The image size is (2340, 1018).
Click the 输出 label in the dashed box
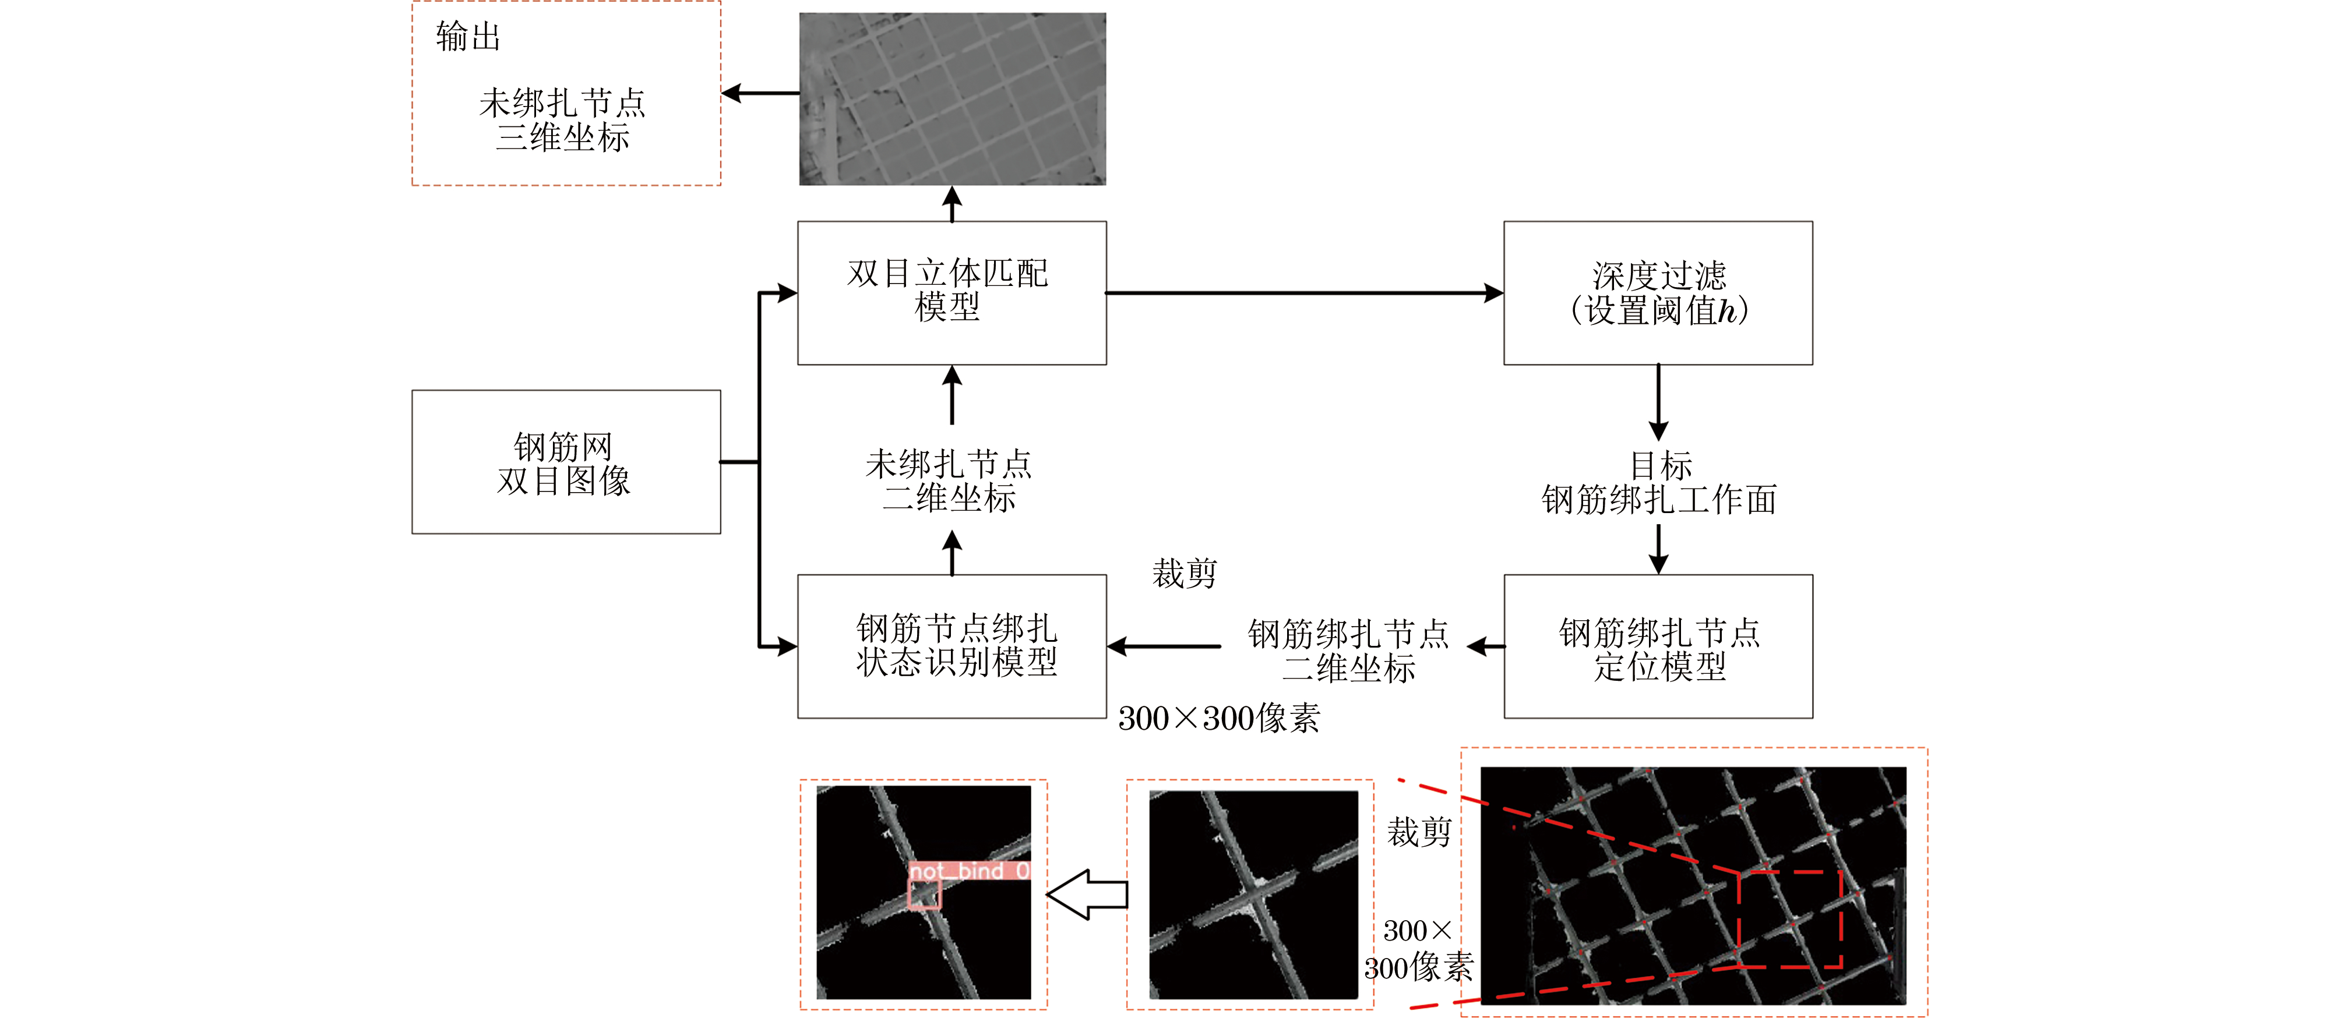tap(468, 36)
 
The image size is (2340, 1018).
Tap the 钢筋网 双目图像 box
tap(566, 462)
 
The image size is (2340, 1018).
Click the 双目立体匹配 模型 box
tap(952, 294)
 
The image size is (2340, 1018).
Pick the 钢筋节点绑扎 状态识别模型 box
tap(952, 646)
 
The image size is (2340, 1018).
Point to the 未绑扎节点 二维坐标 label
tap(949, 480)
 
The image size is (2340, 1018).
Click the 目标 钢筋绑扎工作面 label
tap(1659, 482)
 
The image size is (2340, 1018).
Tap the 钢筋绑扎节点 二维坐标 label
tap(1348, 650)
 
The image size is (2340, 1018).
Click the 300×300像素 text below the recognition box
tap(1219, 718)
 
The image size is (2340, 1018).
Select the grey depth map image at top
tap(952, 99)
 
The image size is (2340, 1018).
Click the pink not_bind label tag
tap(969, 871)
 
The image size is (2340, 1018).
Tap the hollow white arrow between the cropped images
tap(1087, 895)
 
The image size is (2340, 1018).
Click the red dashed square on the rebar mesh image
tap(1789, 919)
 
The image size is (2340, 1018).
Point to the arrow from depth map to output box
tap(760, 93)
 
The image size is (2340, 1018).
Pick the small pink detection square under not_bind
tap(925, 895)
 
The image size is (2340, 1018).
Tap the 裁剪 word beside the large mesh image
tap(1419, 831)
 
